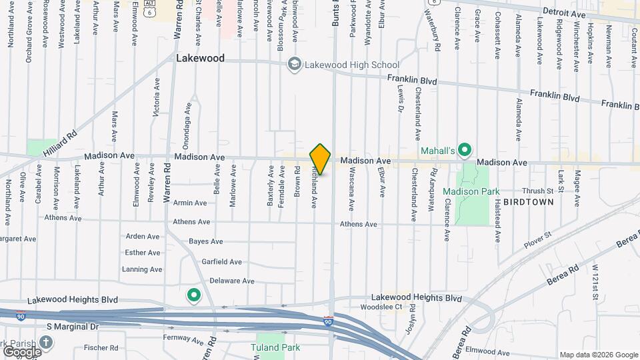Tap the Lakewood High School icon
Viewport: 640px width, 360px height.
tap(294, 65)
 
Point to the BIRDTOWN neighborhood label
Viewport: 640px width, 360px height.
tap(529, 201)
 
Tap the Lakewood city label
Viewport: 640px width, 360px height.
tap(200, 59)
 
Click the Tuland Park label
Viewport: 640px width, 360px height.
tap(275, 347)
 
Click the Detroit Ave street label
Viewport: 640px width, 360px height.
tap(564, 13)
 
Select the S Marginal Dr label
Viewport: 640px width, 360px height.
tap(72, 327)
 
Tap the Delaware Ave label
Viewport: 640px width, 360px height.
tap(232, 281)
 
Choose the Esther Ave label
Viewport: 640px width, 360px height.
tap(143, 253)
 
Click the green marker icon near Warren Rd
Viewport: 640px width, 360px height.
tap(194, 295)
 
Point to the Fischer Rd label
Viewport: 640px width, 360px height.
tap(101, 347)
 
